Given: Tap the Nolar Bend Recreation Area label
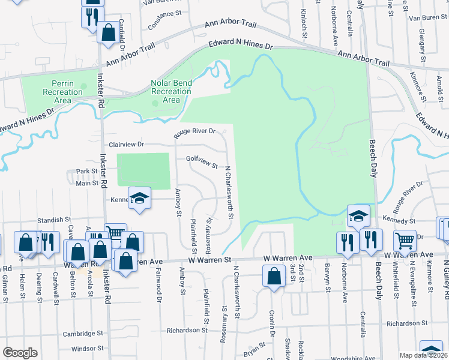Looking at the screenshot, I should tap(171, 91).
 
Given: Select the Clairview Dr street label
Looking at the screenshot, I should tap(127, 145).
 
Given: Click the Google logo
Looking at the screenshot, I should tap(20, 352).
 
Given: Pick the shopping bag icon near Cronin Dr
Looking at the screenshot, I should tap(274, 277).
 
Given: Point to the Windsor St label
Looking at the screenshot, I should tap(88, 348).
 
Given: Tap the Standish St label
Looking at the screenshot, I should tap(54, 220).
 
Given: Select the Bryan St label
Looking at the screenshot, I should tap(255, 349).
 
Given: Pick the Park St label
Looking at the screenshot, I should tap(87, 172).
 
